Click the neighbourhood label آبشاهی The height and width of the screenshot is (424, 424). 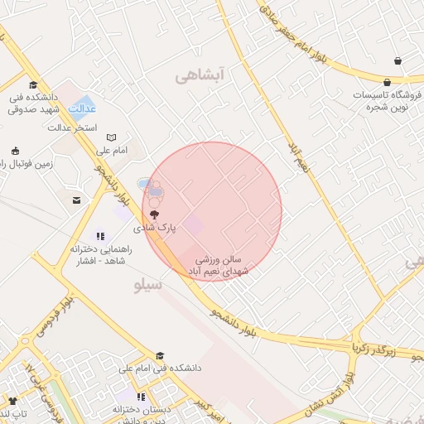click(200, 76)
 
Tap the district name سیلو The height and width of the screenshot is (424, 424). click(148, 285)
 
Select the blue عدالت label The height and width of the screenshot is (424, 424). click(82, 108)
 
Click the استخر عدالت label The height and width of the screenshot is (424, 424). click(72, 128)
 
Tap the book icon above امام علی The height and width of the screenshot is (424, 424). click(111, 137)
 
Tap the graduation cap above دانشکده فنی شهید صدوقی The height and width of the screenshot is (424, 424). click(33, 84)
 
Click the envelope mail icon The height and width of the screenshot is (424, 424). click(77, 200)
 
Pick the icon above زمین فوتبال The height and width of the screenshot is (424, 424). click(15, 151)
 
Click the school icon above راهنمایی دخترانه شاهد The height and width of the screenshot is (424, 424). click(101, 236)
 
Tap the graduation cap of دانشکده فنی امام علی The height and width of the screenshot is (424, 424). click(160, 356)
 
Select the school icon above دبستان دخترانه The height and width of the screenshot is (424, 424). click(142, 397)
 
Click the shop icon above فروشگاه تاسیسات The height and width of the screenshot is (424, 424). click(397, 60)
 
